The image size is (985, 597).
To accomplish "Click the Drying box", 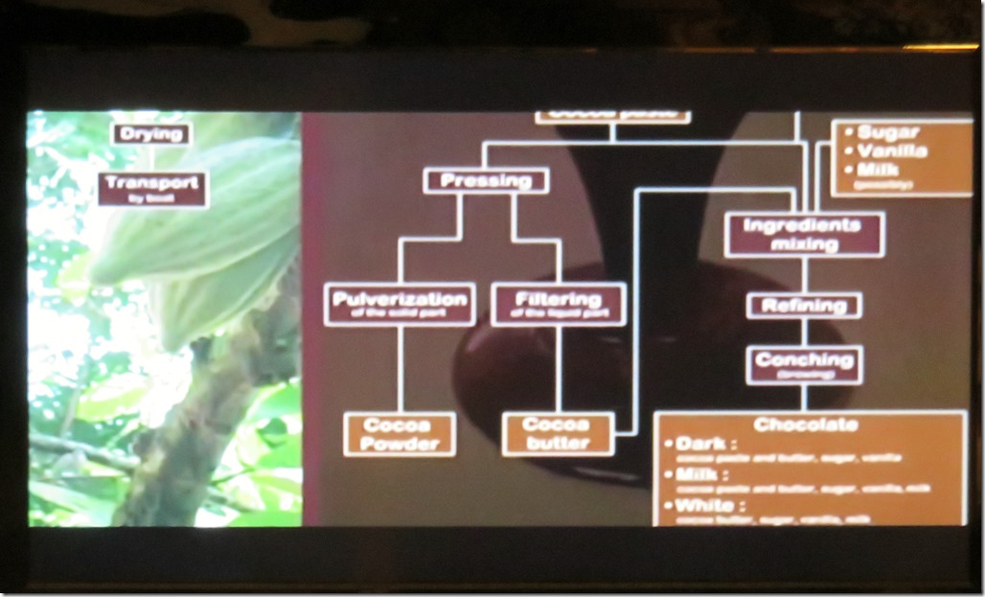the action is tap(151, 134).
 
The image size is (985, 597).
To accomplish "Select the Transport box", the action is tap(152, 189).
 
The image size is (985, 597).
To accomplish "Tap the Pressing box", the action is tap(486, 180).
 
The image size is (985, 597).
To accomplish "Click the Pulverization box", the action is tap(399, 304).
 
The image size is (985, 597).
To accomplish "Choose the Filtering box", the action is tap(558, 304).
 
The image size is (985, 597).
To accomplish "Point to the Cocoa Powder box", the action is tap(400, 434).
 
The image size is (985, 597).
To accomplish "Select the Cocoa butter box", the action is tap(558, 434).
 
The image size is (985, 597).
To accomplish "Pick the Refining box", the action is tap(804, 306).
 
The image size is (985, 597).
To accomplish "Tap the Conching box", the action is tap(804, 364).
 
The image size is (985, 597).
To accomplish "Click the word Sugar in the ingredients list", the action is tap(887, 132).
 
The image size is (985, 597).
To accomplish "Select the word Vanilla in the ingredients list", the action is tap(892, 151).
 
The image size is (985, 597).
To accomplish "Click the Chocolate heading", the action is tap(806, 425).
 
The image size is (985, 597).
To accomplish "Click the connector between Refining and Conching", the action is tap(804, 332).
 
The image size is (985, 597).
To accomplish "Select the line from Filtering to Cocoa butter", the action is tap(558, 369).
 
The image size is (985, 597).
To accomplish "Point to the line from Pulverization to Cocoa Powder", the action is tap(399, 369).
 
